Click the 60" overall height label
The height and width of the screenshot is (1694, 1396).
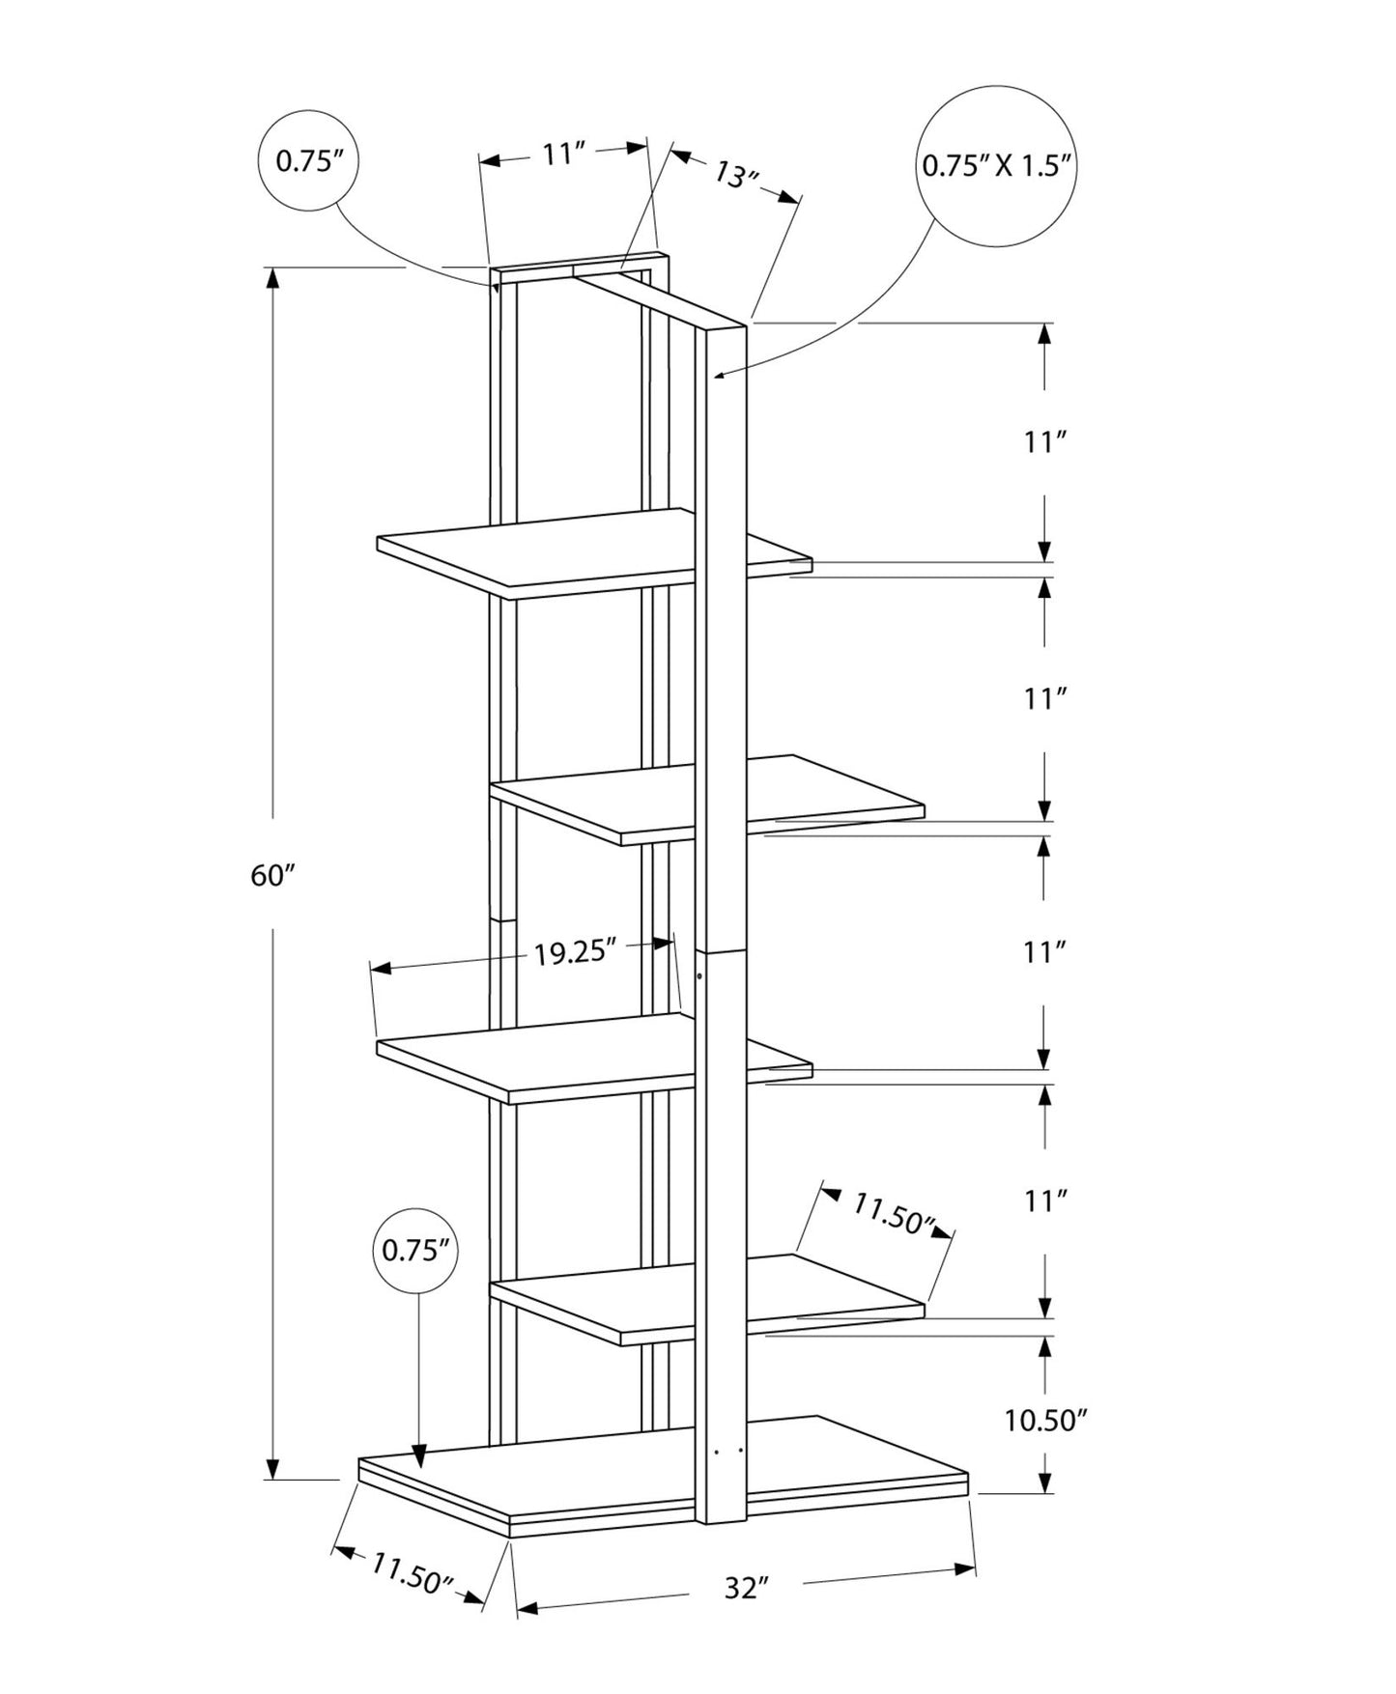[271, 876]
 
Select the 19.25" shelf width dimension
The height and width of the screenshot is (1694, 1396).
[575, 952]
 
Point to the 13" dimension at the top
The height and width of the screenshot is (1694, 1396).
[735, 175]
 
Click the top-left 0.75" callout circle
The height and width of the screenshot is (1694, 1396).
[309, 160]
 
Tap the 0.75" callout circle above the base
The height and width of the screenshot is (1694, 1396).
[416, 1251]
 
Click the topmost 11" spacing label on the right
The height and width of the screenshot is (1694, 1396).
[1044, 442]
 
